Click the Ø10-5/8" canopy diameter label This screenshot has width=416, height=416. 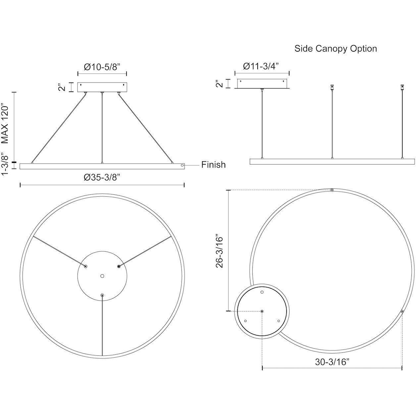tap(102, 67)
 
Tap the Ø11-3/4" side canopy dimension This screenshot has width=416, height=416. tap(261, 66)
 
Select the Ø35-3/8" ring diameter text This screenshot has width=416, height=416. tap(102, 178)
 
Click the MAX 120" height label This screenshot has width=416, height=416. tap(5, 125)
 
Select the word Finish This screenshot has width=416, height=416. tap(213, 165)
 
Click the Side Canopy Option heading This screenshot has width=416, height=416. tap(336, 49)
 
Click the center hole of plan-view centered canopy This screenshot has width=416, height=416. tap(102, 276)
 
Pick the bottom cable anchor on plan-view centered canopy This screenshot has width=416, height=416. tap(102, 295)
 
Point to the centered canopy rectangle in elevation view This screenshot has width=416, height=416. tap(102, 87)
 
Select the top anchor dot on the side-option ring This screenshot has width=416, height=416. tap(332, 190)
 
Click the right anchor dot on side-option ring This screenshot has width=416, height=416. tap(402, 311)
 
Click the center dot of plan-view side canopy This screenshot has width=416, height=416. tap(262, 311)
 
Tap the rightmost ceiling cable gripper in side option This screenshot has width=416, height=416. tap(402, 87)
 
